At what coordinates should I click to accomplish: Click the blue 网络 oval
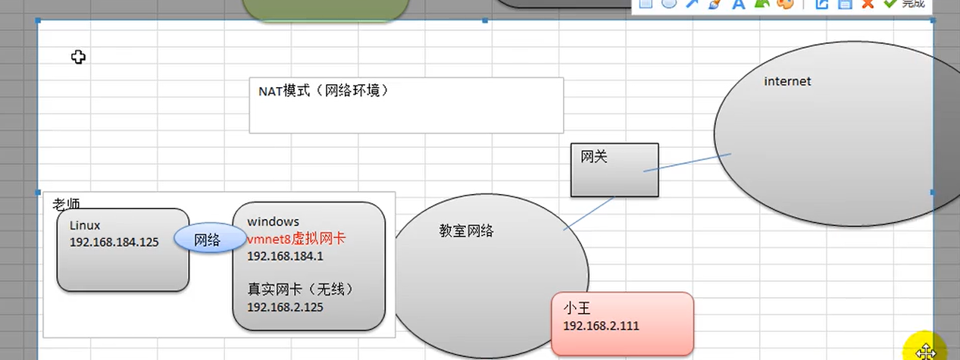click(207, 239)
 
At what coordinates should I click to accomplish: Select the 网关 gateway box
click(614, 170)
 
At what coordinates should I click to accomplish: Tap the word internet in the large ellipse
click(787, 81)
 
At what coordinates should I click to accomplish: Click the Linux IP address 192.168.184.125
click(114, 242)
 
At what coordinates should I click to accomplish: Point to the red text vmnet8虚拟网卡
click(296, 238)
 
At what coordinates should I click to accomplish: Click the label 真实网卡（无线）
click(301, 289)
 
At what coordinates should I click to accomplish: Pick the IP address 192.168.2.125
click(285, 307)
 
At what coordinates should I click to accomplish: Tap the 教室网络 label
click(466, 230)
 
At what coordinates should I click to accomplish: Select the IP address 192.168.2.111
click(601, 325)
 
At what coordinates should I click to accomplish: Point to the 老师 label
click(66, 204)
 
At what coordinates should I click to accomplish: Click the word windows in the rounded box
click(273, 221)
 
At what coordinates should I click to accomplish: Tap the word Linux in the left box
click(85, 225)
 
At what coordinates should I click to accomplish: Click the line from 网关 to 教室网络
click(589, 214)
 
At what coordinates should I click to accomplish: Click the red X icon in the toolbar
click(868, 4)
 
